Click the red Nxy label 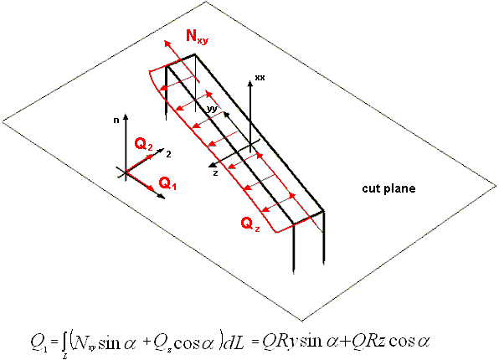(197, 36)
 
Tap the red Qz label (250, 224)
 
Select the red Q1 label (167, 183)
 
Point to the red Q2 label (143, 145)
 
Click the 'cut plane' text (388, 188)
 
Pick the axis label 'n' (116, 121)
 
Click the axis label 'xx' (260, 78)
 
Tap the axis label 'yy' (212, 109)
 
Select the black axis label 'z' (215, 173)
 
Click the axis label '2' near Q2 (168, 154)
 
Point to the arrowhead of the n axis (126, 116)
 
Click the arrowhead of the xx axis (250, 84)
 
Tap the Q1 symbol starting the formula (39, 343)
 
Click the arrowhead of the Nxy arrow (167, 44)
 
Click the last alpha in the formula (424, 343)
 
